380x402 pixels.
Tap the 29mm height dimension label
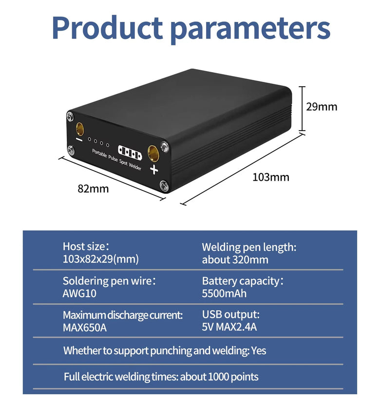(322, 107)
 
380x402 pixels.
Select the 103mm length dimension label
(270, 177)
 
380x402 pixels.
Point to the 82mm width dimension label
(93, 189)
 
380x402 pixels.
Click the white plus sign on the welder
(154, 170)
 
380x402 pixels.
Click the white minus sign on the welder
(79, 140)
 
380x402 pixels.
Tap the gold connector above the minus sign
(79, 129)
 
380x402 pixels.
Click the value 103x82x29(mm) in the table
(100, 259)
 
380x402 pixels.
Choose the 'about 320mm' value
(235, 259)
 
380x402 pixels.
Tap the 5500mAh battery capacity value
(224, 293)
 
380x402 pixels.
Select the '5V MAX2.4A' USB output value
(229, 327)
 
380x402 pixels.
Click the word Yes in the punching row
(259, 350)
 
